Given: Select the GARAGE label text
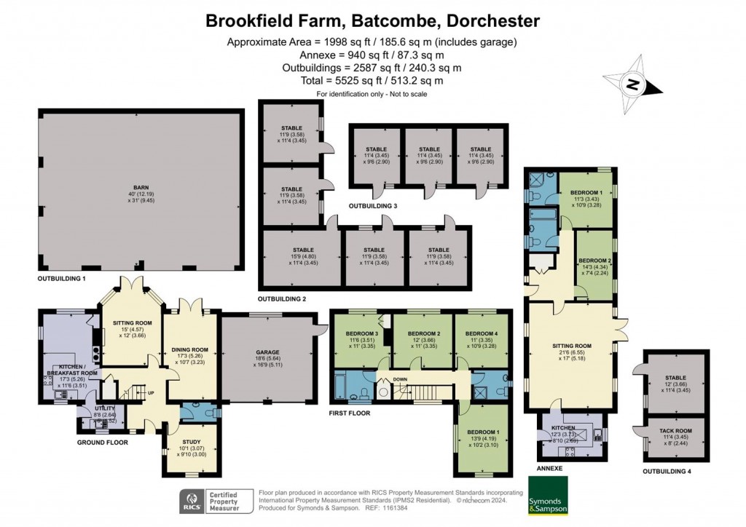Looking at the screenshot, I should pyautogui.click(x=267, y=353).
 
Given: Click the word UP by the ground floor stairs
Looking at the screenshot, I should pyautogui.click(x=151, y=394).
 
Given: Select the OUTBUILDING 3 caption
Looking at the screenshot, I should pyautogui.click(x=373, y=206).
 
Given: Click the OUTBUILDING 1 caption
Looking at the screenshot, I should pyautogui.click(x=63, y=280).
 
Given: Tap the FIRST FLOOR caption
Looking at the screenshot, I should pyautogui.click(x=350, y=413).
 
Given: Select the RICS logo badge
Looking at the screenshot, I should pyautogui.click(x=191, y=502).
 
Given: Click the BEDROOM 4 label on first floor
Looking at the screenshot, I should pyautogui.click(x=481, y=334).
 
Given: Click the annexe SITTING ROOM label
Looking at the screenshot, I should pyautogui.click(x=570, y=346).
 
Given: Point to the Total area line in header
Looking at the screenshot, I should pyautogui.click(x=372, y=81).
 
